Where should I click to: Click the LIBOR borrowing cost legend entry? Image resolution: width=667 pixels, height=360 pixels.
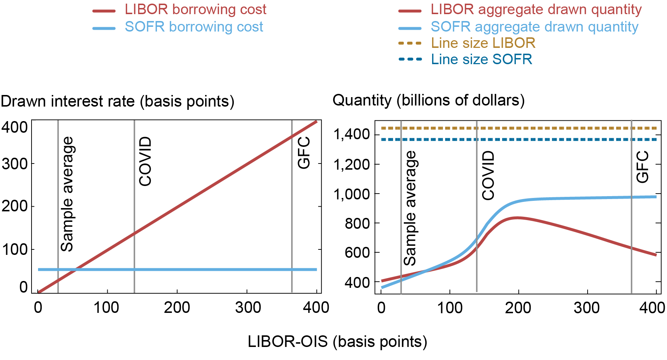click(195, 10)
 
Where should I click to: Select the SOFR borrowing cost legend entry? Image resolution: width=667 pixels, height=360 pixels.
click(194, 27)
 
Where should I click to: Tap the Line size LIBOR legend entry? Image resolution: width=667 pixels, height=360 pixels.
click(483, 44)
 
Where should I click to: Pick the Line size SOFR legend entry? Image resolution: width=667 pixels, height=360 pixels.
click(481, 59)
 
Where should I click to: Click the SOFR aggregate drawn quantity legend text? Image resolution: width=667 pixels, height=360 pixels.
click(534, 27)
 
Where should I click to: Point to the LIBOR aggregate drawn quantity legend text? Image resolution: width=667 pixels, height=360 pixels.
click(536, 10)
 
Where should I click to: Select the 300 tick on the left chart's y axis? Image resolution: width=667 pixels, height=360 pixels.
click(14, 164)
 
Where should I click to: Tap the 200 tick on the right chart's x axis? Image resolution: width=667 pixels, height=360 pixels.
click(518, 308)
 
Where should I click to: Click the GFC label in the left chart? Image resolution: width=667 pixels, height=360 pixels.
click(304, 153)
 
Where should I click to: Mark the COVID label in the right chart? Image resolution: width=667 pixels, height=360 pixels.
click(488, 175)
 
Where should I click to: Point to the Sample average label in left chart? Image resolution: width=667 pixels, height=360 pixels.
click(67, 194)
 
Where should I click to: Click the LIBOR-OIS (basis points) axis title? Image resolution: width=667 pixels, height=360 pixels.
click(337, 342)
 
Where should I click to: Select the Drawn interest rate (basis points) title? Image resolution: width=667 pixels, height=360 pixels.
click(117, 102)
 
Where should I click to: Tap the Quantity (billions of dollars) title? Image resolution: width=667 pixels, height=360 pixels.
click(428, 100)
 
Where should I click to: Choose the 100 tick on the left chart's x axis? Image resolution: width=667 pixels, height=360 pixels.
click(106, 308)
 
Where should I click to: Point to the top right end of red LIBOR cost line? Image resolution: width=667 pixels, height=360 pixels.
click(316, 122)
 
